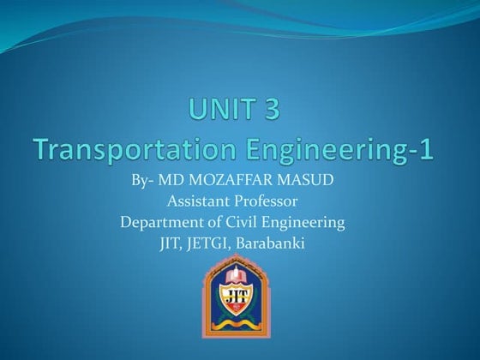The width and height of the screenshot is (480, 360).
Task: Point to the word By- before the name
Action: click(145, 182)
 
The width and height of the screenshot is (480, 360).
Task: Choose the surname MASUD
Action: click(306, 182)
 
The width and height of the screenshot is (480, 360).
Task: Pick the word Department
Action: click(159, 223)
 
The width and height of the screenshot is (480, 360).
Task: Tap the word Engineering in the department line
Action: click(305, 223)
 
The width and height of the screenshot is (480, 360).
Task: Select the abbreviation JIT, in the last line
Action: click(182, 244)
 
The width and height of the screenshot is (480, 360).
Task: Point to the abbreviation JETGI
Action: click(219, 244)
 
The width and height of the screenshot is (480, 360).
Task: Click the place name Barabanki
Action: click(275, 244)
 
